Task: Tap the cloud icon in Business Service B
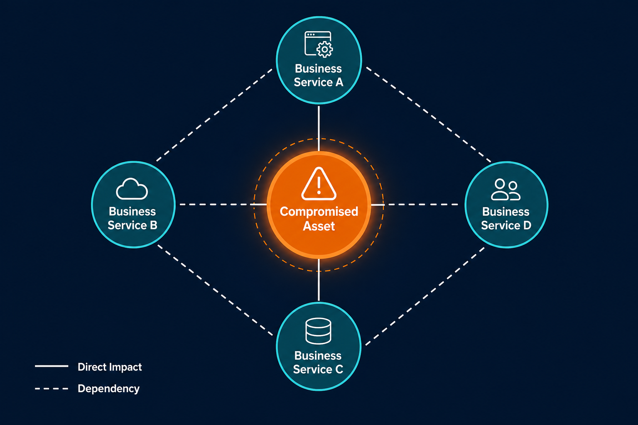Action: [x=132, y=189]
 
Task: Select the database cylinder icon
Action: [x=318, y=331]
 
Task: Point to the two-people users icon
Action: [x=505, y=190]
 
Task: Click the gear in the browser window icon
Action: [x=324, y=49]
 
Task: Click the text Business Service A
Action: [x=319, y=76]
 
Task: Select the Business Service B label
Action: [x=133, y=218]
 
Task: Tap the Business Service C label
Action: [x=318, y=362]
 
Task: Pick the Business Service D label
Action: [x=506, y=219]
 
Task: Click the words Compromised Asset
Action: [x=319, y=219]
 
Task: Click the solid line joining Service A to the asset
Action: [x=319, y=128]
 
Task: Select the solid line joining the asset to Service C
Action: [x=319, y=280]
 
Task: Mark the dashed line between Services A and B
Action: [x=214, y=115]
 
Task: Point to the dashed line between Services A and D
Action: [x=428, y=115]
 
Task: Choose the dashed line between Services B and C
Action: [x=215, y=291]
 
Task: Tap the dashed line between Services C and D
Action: [x=425, y=296]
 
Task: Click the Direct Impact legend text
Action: [x=110, y=367]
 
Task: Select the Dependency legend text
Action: [x=108, y=388]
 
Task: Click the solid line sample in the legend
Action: [x=52, y=366]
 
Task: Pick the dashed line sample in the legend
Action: [x=52, y=388]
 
